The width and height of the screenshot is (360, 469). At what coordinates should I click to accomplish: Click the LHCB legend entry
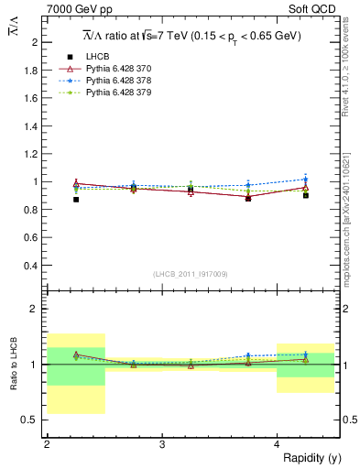96,57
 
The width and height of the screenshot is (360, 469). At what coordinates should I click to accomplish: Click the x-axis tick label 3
162,444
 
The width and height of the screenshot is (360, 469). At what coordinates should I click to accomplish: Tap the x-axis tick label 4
278,444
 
